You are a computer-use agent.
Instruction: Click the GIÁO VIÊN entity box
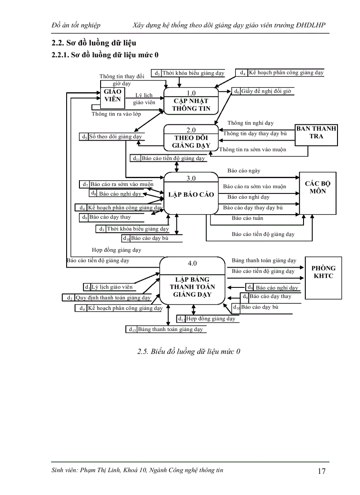(112, 96)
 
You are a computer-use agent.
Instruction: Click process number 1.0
(191, 93)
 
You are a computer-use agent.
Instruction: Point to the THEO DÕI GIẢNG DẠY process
(191, 141)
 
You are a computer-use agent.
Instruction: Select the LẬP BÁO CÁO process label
(191, 195)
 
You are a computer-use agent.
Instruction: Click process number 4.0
(192, 264)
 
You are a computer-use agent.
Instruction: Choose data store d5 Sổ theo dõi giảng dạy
(112, 137)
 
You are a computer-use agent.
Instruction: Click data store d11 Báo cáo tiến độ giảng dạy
(169, 158)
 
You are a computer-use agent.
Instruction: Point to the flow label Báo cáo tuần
(247, 218)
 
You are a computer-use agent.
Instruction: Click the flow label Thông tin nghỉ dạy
(250, 123)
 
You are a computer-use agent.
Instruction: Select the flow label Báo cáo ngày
(244, 171)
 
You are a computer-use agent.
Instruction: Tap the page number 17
(322, 471)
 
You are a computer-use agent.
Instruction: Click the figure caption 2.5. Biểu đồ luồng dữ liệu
(189, 352)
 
